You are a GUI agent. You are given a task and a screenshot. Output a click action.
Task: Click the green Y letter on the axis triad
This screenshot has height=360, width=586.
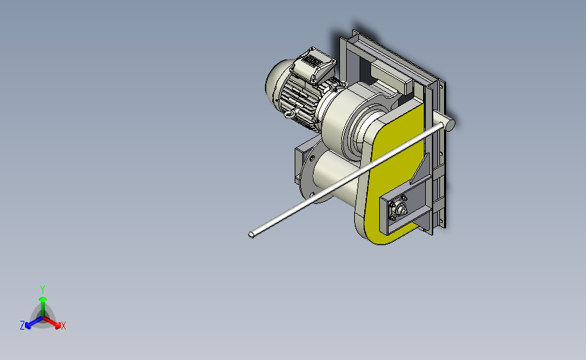coord(43,290)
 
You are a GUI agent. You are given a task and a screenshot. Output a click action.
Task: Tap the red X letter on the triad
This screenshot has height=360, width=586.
coord(63,326)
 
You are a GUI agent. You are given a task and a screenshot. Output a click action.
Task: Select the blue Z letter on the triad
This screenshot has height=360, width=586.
coord(22,326)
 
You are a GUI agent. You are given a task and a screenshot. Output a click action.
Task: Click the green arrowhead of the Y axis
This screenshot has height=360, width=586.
coord(43,299)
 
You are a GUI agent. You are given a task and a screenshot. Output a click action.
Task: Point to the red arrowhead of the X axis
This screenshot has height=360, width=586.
coord(57,326)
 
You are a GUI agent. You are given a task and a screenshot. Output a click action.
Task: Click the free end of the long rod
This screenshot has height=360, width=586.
coord(251,234)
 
